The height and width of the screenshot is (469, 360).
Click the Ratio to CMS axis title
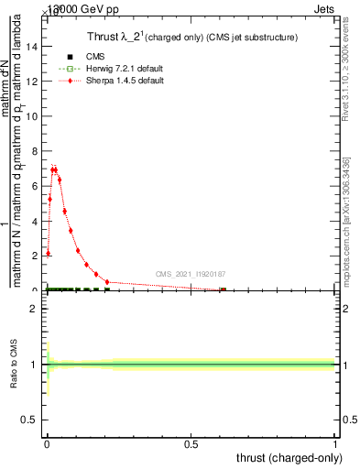point(15,365)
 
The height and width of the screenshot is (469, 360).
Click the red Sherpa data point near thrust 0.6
point(223,289)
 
